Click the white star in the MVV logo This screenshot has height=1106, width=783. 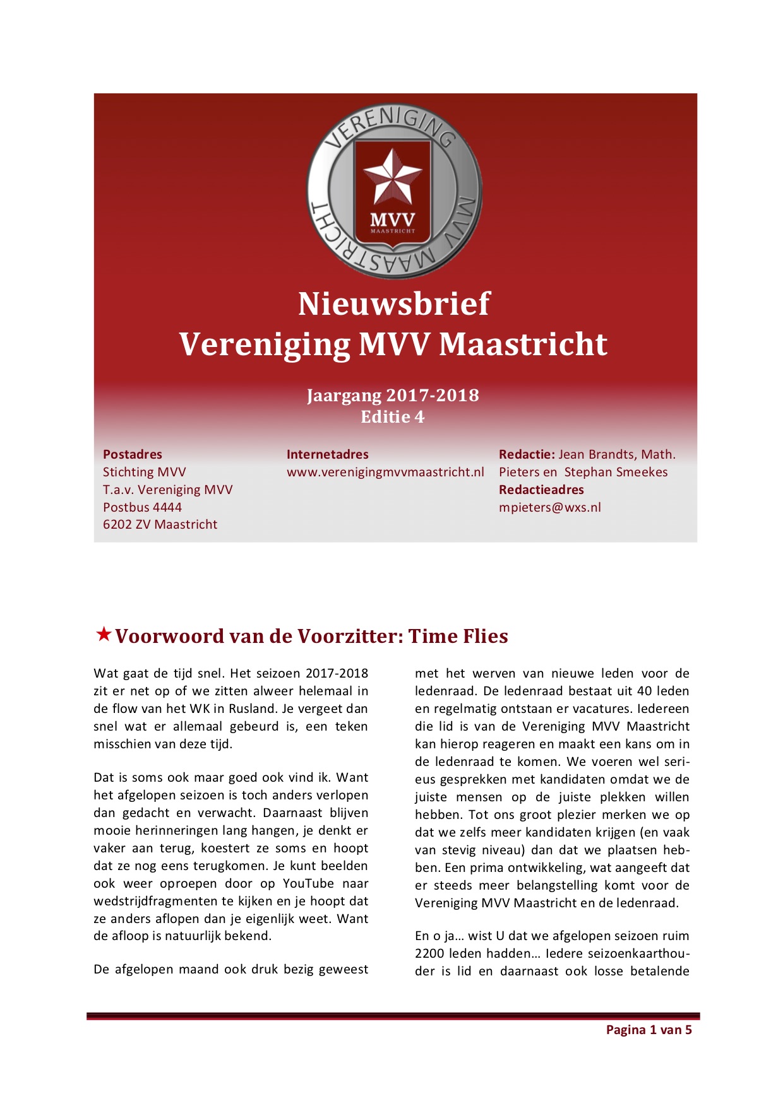[x=393, y=177]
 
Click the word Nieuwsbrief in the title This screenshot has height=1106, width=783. [x=393, y=304]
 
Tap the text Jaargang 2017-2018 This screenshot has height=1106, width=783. [x=393, y=396]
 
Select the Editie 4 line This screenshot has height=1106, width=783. [x=393, y=417]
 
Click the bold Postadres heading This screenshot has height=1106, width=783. [x=133, y=454]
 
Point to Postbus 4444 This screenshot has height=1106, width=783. [x=142, y=507]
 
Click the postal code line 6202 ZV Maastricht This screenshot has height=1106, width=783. [x=160, y=524]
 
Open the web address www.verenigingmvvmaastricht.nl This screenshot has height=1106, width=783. [x=385, y=472]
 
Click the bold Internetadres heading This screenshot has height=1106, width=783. [x=327, y=454]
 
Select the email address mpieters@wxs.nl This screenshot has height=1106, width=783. [x=549, y=507]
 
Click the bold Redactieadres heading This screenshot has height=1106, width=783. [x=541, y=490]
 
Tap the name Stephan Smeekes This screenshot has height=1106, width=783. [x=616, y=472]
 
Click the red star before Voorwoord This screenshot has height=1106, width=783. [x=103, y=634]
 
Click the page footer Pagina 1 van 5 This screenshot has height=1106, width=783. [x=649, y=1030]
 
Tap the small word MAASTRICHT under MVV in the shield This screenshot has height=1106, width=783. [x=393, y=231]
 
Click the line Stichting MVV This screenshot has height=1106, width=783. [x=144, y=472]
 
